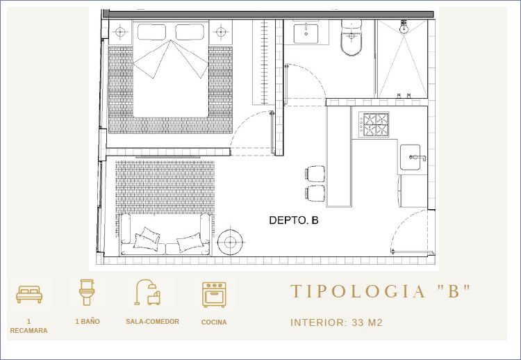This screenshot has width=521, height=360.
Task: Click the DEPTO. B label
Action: coord(294,220)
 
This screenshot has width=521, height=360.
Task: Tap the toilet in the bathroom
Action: coord(352,38)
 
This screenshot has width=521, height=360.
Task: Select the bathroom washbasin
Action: coord(306,33)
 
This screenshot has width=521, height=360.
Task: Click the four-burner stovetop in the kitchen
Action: coord(374,124)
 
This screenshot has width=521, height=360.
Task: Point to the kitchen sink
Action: coord(411,157)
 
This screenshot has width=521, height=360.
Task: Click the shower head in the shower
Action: coord(404,27)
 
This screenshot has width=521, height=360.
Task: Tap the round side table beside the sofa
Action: coord(230,243)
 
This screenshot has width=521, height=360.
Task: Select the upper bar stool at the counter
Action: coord(315,174)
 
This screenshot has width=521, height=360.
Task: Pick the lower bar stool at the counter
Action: coord(315,193)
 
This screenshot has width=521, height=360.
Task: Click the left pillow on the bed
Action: coord(151,32)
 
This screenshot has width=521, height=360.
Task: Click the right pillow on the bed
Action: coord(190,32)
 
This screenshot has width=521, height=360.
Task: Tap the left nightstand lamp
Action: coord(120,32)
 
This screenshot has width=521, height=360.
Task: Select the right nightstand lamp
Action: coord(221,32)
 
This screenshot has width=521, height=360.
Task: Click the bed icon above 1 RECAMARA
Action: coord(29,294)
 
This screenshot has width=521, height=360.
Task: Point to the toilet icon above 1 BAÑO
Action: coord(87,292)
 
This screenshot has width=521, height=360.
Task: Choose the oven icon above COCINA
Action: coord(215,295)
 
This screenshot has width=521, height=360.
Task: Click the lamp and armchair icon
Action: coord(147,292)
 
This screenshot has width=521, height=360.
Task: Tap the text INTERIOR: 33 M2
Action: coord(337,322)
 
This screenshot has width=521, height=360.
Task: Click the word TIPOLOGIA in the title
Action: coord(358,291)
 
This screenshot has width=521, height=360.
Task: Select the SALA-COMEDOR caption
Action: coord(153,322)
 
